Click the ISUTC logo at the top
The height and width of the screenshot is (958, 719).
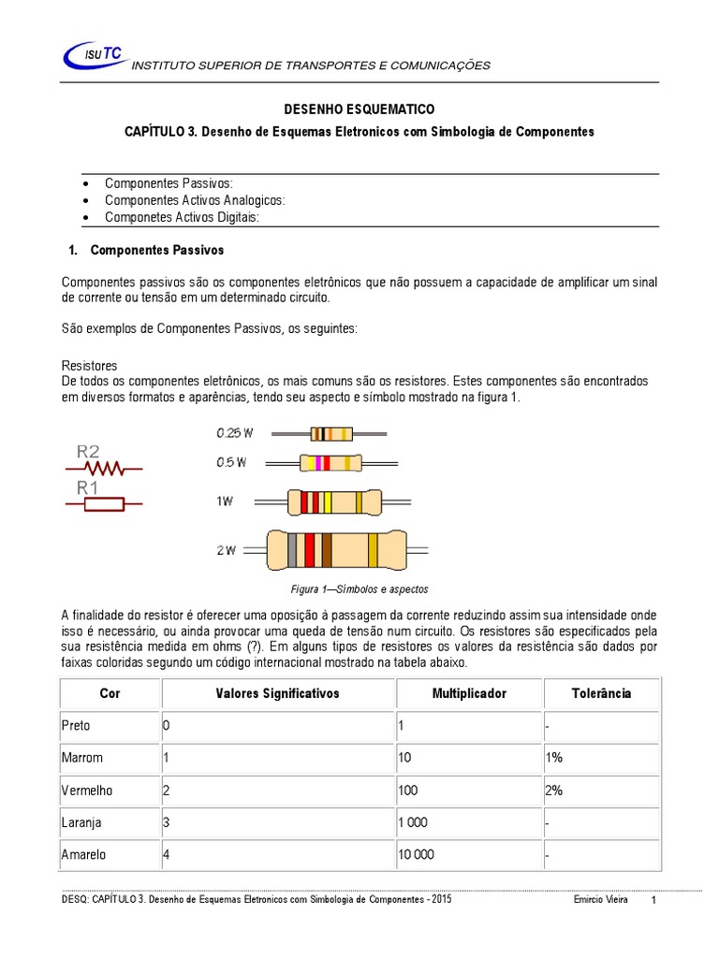pos(95,57)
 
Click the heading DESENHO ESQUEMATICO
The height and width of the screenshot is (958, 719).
pos(359,109)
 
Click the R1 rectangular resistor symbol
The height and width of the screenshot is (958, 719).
pos(103,504)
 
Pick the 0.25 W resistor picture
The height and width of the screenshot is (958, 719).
pos(332,433)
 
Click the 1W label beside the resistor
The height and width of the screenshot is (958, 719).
pos(225,501)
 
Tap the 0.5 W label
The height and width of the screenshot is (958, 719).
pos(231,462)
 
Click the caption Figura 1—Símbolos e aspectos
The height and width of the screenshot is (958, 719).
pos(359,589)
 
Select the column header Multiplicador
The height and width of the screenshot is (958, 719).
pos(469,693)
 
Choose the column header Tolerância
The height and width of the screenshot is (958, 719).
pos(601,693)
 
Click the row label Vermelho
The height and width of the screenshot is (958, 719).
pos(87,790)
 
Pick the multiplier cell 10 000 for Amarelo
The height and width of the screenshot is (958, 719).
pos(417,854)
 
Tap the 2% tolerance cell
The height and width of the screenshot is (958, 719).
pos(553,790)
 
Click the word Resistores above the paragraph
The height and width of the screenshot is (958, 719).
pos(89,365)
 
